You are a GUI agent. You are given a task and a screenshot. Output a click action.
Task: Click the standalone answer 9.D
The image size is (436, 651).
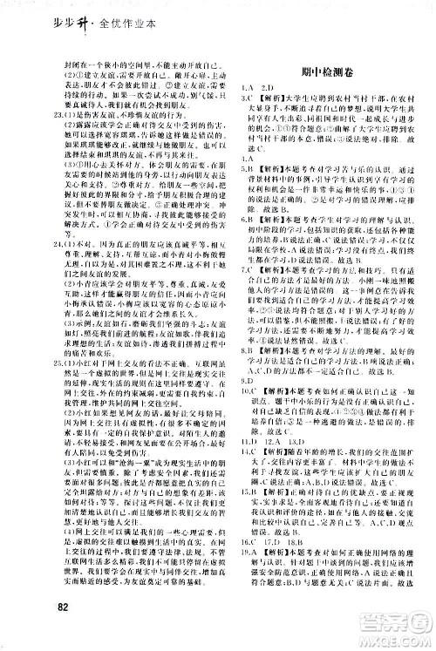tap(247, 440)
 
